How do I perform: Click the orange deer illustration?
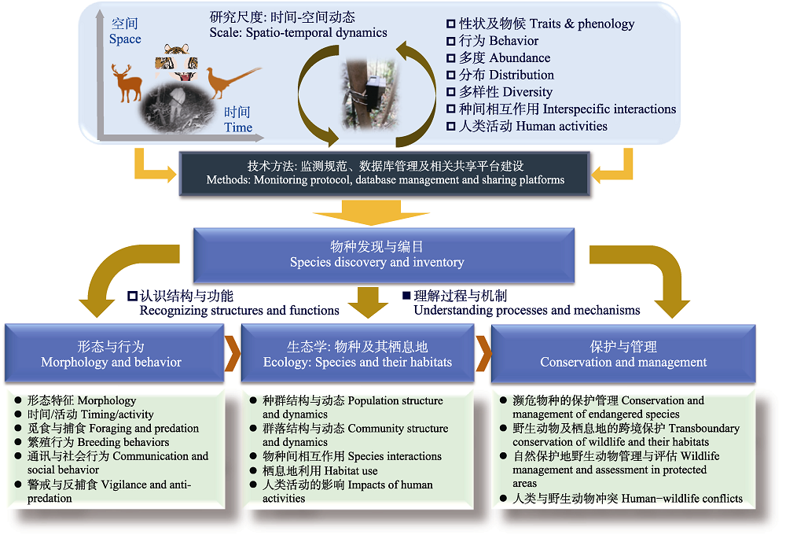click(127, 83)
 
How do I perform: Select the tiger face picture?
click(176, 61)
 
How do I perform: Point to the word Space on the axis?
click(125, 39)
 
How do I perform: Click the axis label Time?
click(238, 127)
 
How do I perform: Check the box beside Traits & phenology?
click(450, 24)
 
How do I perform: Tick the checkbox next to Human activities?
click(450, 127)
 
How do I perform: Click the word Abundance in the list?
click(520, 57)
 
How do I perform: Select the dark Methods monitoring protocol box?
click(384, 174)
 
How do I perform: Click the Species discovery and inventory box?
click(384, 255)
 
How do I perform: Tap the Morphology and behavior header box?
click(114, 354)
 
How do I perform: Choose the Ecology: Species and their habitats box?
click(358, 354)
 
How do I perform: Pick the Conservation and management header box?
click(623, 354)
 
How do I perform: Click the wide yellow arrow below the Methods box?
click(371, 212)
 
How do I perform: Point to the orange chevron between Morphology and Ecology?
click(233, 354)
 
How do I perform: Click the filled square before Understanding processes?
click(406, 295)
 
